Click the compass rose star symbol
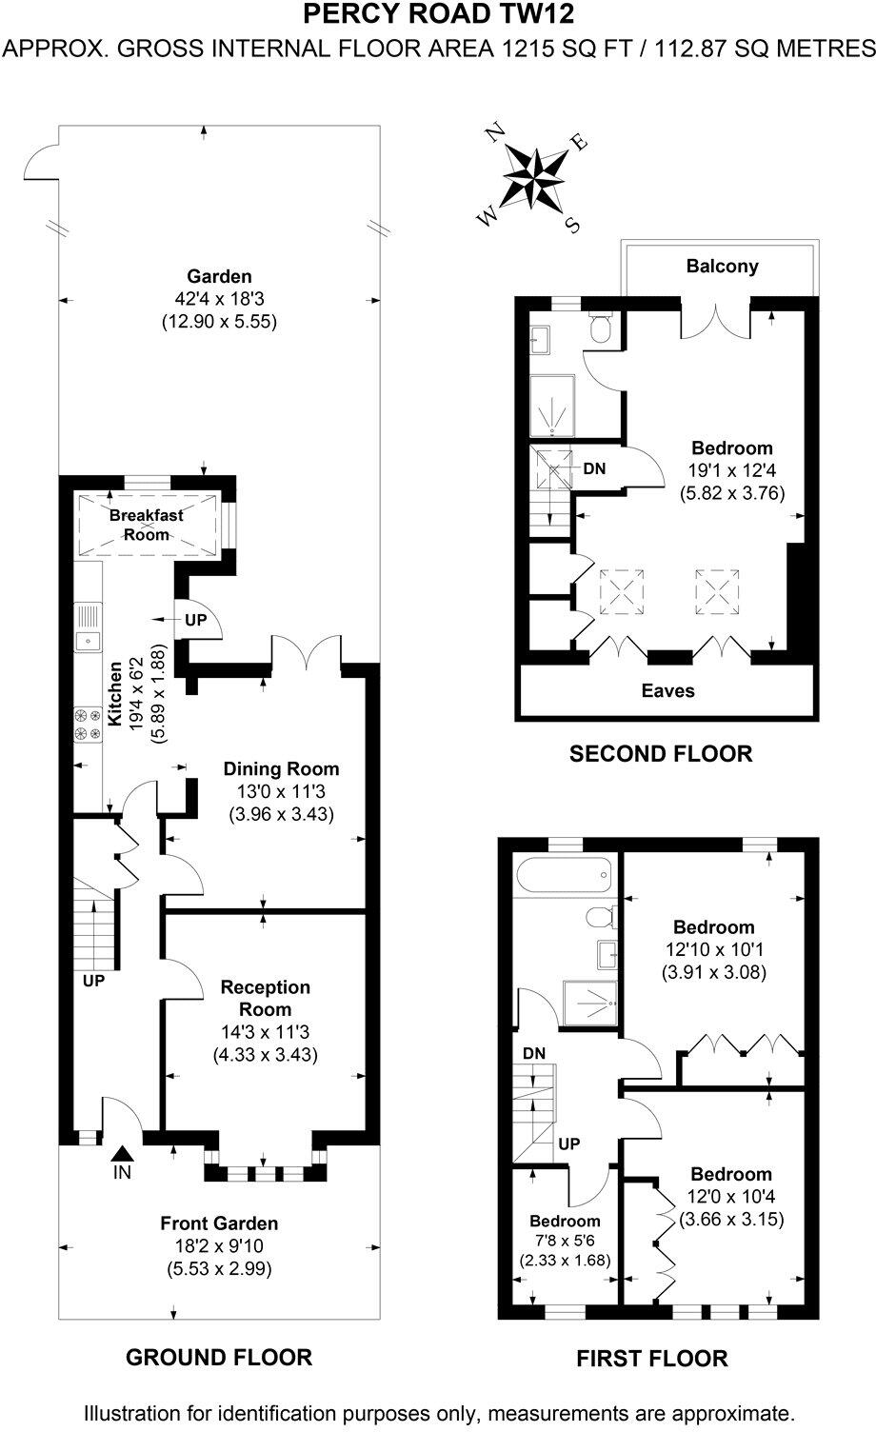click(x=534, y=179)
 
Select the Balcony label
click(x=722, y=267)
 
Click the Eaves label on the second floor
click(x=667, y=690)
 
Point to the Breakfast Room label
click(x=146, y=525)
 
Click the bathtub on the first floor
click(x=563, y=875)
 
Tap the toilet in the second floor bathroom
click(x=600, y=329)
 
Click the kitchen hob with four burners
click(x=89, y=723)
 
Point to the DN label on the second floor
click(x=594, y=469)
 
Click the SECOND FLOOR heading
click(x=660, y=754)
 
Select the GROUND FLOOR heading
click(x=218, y=1357)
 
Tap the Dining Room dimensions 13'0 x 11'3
click(x=281, y=791)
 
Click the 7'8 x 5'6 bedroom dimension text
click(x=565, y=1240)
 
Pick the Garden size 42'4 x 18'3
click(x=219, y=299)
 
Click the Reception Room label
click(x=266, y=998)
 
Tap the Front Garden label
click(x=219, y=1223)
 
